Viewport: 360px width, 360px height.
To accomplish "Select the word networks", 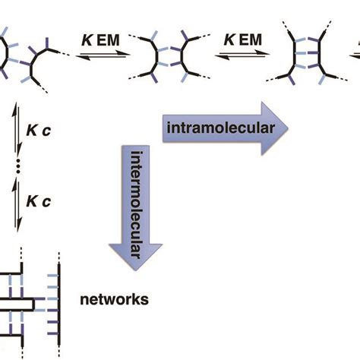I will click(x=114, y=299).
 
